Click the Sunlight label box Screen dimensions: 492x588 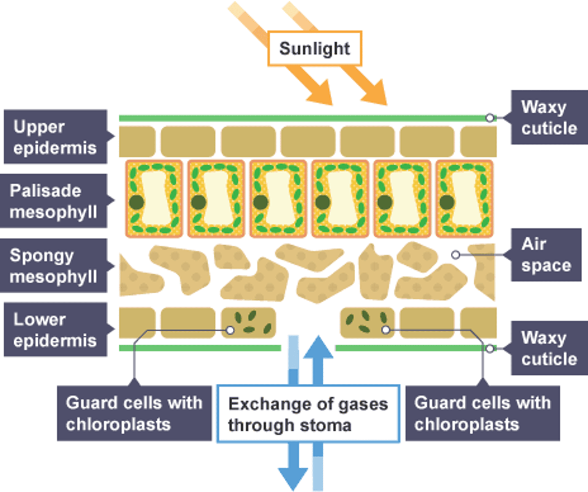coord(314,48)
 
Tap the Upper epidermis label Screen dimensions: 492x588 coord(55,137)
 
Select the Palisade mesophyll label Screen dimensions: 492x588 coord(54,201)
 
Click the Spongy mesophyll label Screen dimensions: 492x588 coord(54,266)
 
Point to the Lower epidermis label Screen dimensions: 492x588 coord(55,330)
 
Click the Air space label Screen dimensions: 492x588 coord(546,255)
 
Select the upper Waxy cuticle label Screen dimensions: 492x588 coord(549,117)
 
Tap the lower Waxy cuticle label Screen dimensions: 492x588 coord(549,348)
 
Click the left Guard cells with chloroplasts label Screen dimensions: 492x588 coord(134,413)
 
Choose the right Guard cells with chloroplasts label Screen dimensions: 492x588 coord(482,413)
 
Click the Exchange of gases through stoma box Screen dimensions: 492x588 coord(308,414)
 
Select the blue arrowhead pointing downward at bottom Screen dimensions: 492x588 coord(293,478)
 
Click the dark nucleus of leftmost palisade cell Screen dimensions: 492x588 coord(136,202)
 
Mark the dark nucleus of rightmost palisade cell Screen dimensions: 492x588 coord(447,202)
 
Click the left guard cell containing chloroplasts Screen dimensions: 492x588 coord(249,323)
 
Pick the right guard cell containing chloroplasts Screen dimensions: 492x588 coord(367,323)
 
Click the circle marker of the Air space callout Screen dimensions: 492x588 coord(455,255)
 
